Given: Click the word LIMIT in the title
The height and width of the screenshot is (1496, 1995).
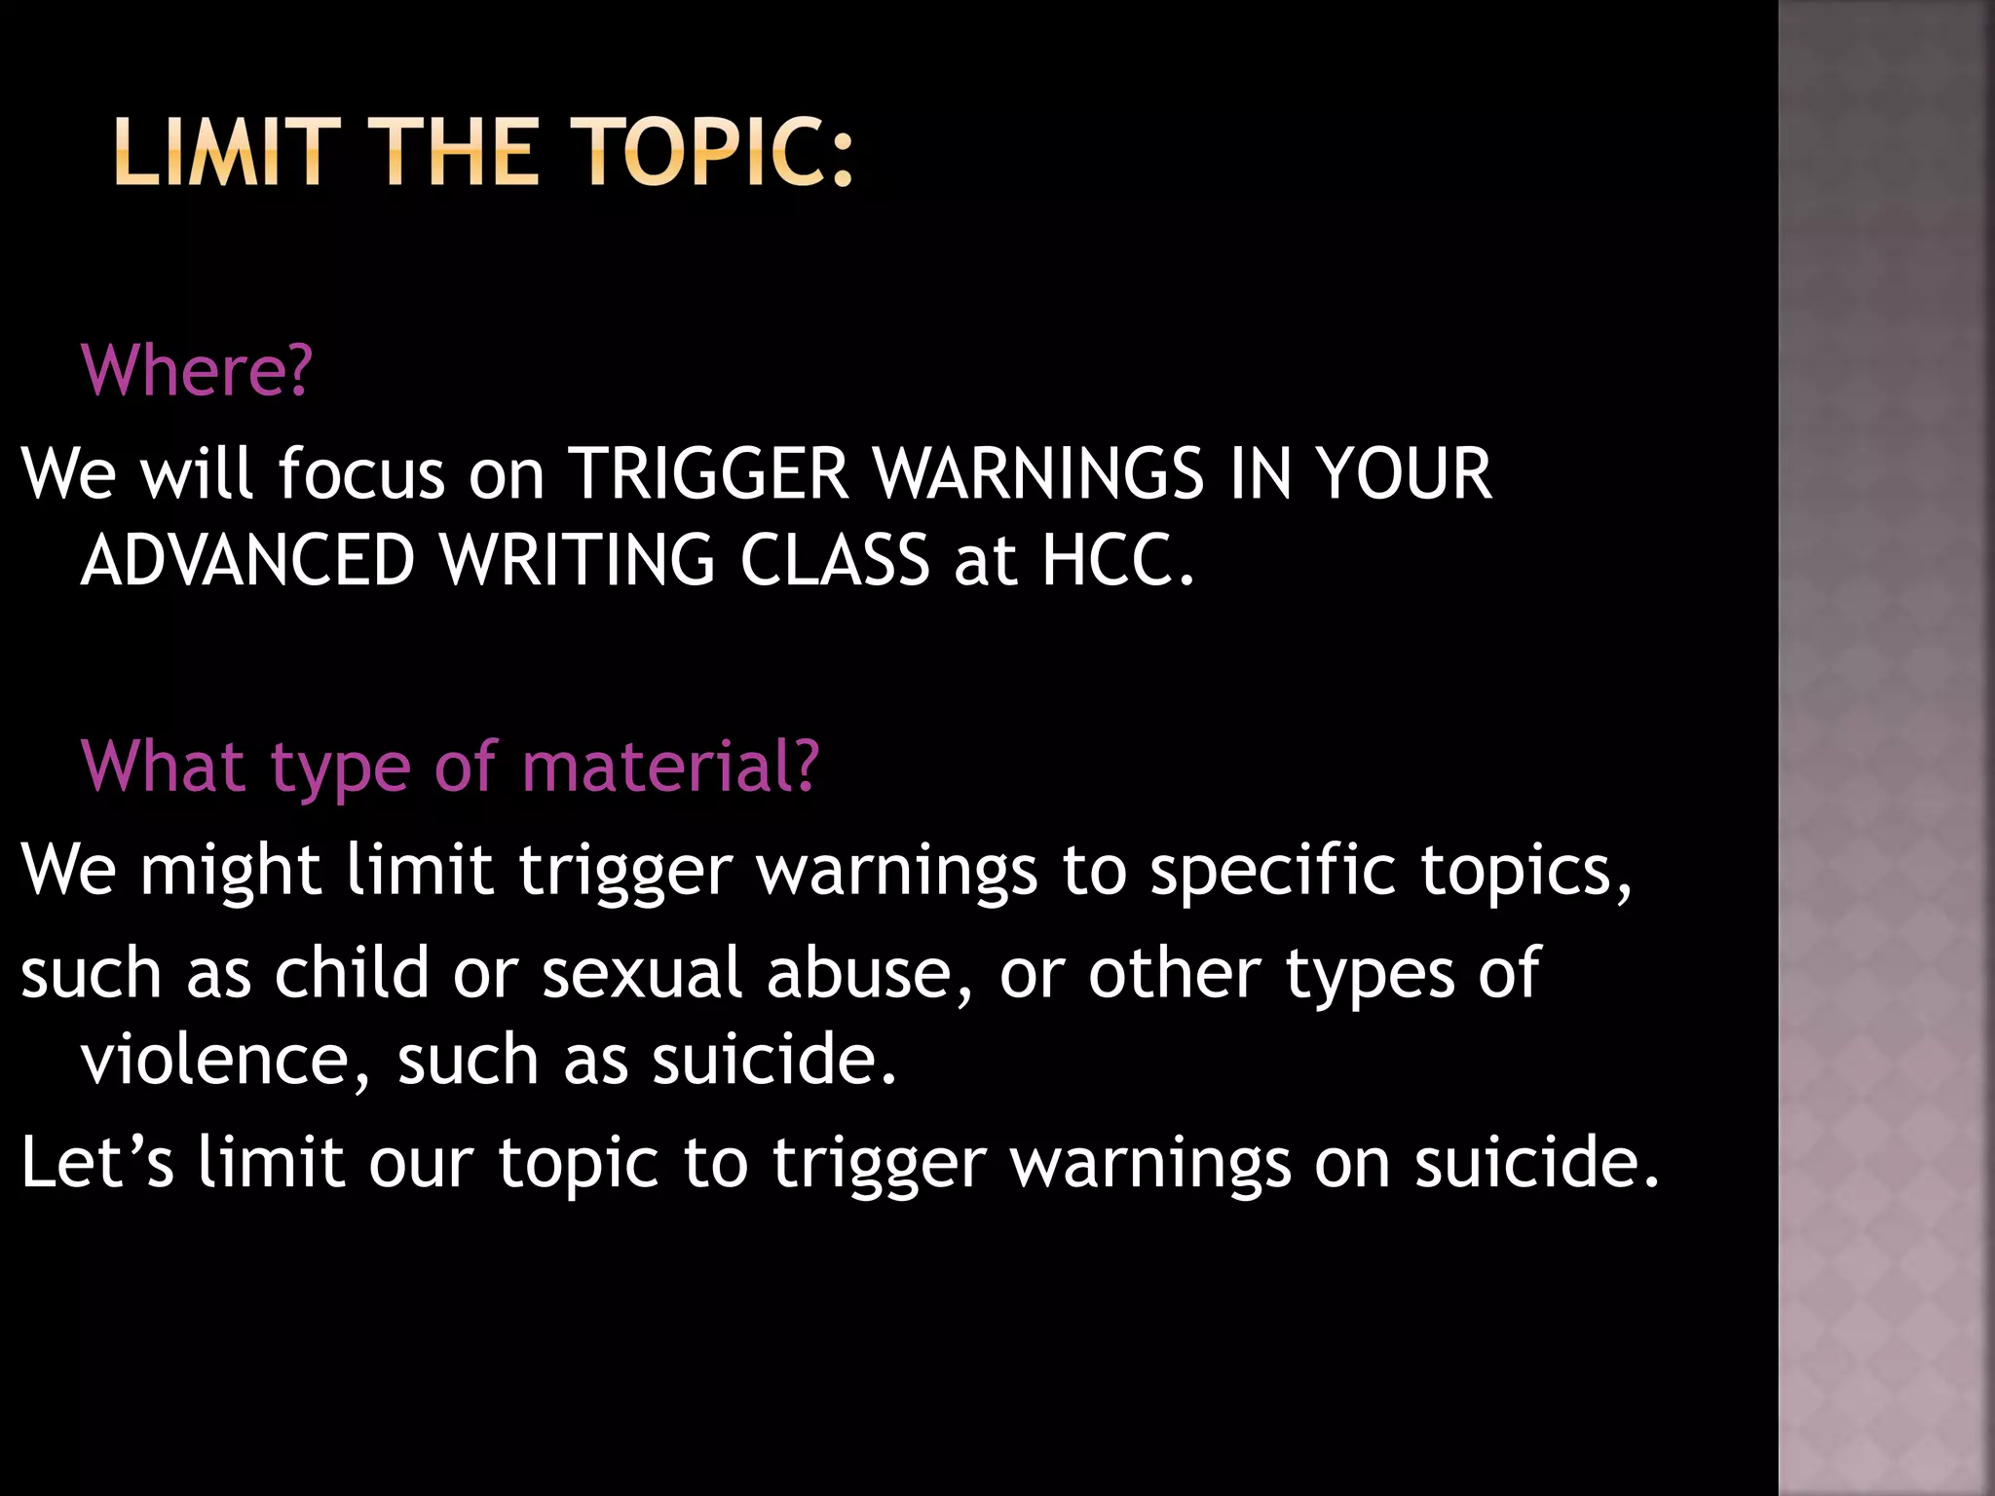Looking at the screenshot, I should click(227, 152).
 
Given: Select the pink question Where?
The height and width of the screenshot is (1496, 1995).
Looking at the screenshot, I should click(197, 371).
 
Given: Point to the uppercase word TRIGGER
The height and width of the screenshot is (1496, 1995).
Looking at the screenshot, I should click(708, 474).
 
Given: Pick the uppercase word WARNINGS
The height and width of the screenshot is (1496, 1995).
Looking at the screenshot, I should click(1038, 474).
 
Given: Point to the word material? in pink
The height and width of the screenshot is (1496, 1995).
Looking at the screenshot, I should click(670, 767).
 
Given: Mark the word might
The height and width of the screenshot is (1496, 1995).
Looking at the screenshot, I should click(230, 870).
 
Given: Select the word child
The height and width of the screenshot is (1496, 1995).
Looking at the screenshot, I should click(352, 973).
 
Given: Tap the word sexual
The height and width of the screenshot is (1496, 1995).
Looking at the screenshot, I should click(642, 973).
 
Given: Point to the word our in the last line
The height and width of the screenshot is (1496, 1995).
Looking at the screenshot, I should click(421, 1164).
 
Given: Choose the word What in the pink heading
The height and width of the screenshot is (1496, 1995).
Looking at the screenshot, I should click(164, 767).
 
